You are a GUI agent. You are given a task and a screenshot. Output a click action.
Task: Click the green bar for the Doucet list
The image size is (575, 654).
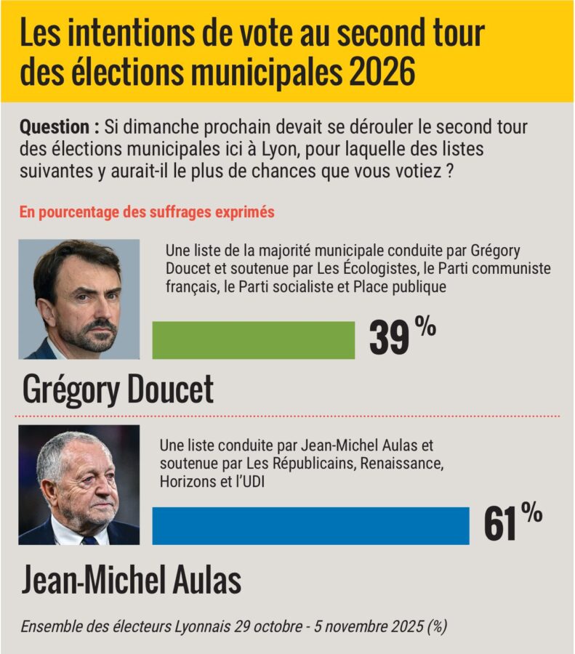click(x=253, y=340)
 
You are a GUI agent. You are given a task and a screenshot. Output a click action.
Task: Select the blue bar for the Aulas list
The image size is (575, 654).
click(x=310, y=525)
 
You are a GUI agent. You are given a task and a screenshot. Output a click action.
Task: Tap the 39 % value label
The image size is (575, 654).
click(x=402, y=336)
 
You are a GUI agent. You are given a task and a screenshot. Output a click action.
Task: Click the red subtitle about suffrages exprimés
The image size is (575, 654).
click(x=147, y=212)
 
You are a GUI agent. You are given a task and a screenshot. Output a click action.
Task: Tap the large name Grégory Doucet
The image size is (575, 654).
click(x=118, y=390)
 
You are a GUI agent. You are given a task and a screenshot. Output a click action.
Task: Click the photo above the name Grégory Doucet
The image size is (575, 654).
click(x=79, y=299)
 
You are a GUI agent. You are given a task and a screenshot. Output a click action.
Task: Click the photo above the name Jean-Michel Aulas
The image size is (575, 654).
click(x=79, y=485)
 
